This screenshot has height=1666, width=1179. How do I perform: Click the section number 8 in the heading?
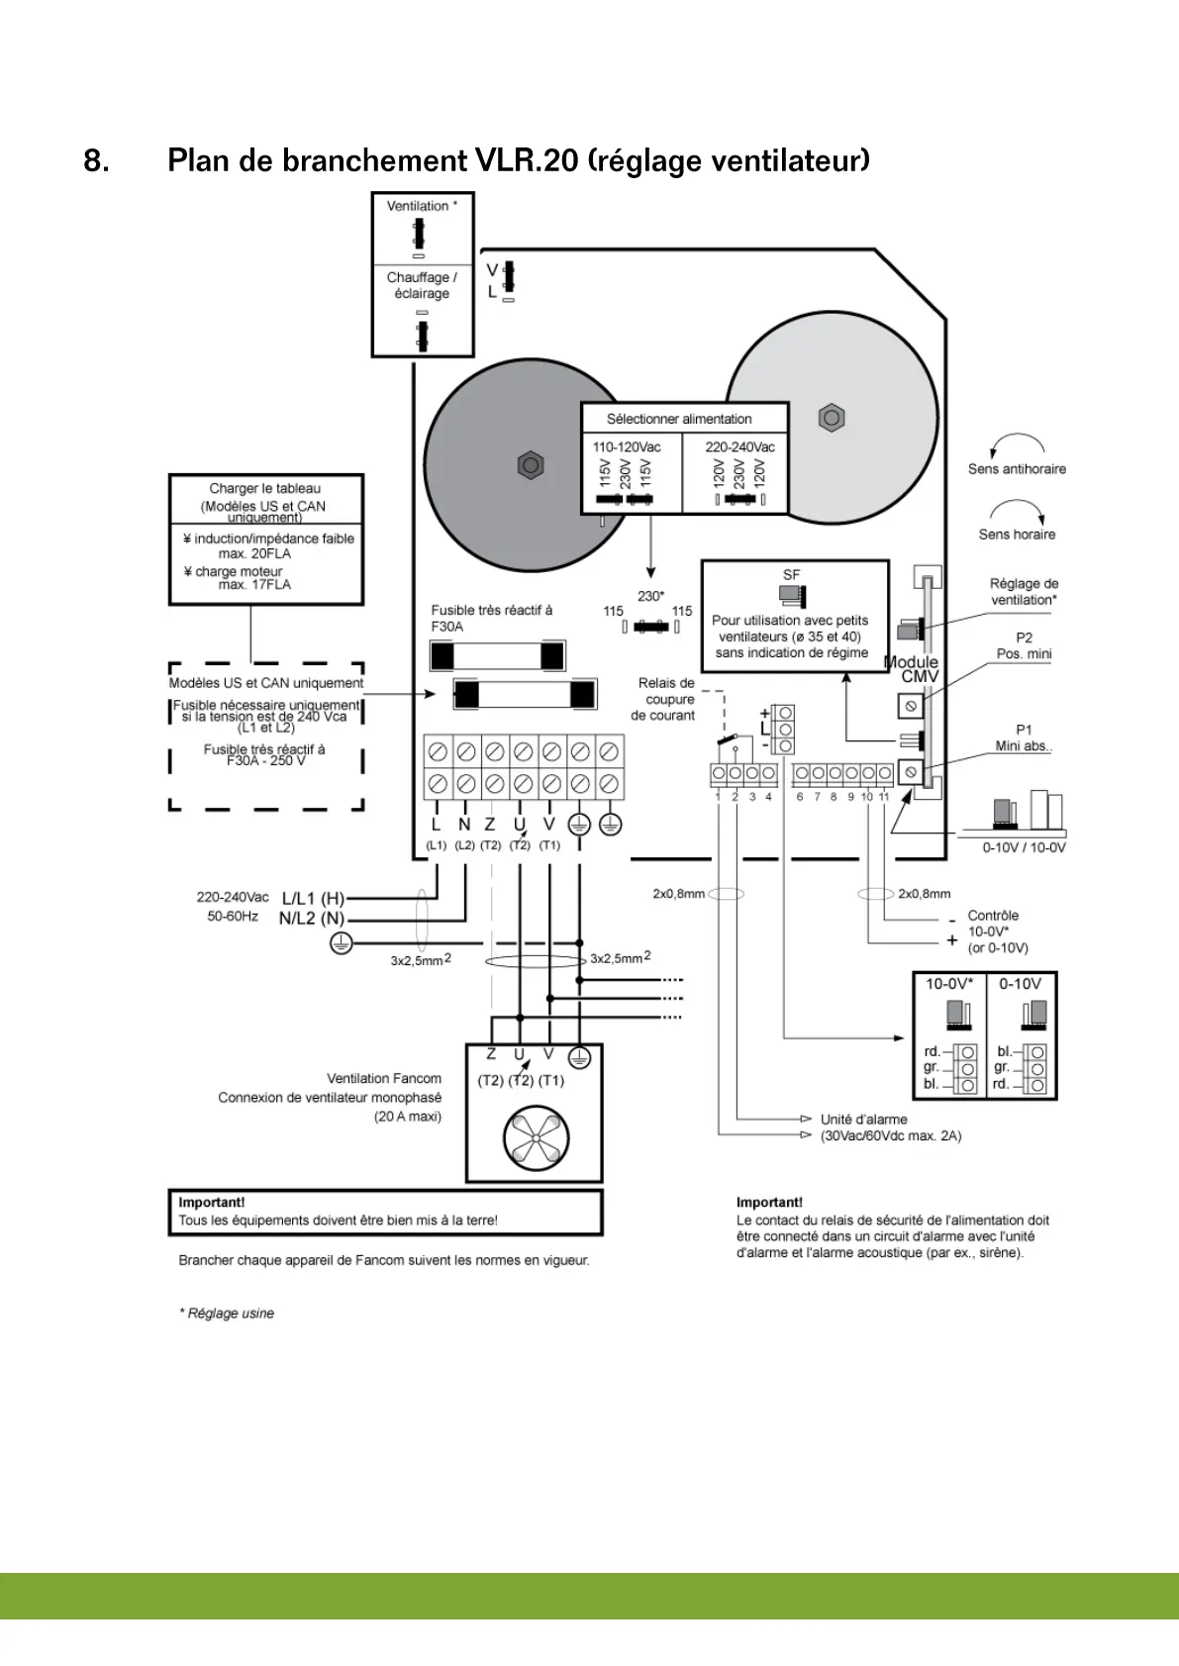[96, 160]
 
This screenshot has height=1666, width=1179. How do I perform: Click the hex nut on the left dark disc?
[531, 464]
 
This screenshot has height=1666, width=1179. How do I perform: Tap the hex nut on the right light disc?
[832, 418]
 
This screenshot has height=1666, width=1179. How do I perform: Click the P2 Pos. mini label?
[1024, 645]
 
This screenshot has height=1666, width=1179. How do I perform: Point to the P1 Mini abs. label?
[1024, 737]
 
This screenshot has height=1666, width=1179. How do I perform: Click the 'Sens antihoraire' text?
[1017, 469]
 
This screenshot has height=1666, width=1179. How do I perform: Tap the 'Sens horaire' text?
[1017, 535]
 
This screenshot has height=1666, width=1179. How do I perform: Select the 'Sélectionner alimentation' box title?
[679, 419]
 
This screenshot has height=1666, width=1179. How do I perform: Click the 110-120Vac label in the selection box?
[627, 446]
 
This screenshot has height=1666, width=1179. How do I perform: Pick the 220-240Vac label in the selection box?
[739, 446]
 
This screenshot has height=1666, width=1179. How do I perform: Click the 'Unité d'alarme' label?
[863, 1120]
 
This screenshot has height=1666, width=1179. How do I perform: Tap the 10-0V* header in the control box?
[949, 984]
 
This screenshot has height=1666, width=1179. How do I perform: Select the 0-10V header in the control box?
[1020, 984]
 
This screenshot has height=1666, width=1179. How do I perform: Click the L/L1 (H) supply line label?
[313, 898]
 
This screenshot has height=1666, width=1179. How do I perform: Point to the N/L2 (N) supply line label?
[311, 919]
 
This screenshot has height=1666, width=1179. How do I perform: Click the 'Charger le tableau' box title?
[264, 488]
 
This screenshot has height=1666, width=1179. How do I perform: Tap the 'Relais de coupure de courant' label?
[665, 699]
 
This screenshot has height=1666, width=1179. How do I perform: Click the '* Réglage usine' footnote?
[227, 1314]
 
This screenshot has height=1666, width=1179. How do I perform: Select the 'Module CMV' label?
[912, 669]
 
